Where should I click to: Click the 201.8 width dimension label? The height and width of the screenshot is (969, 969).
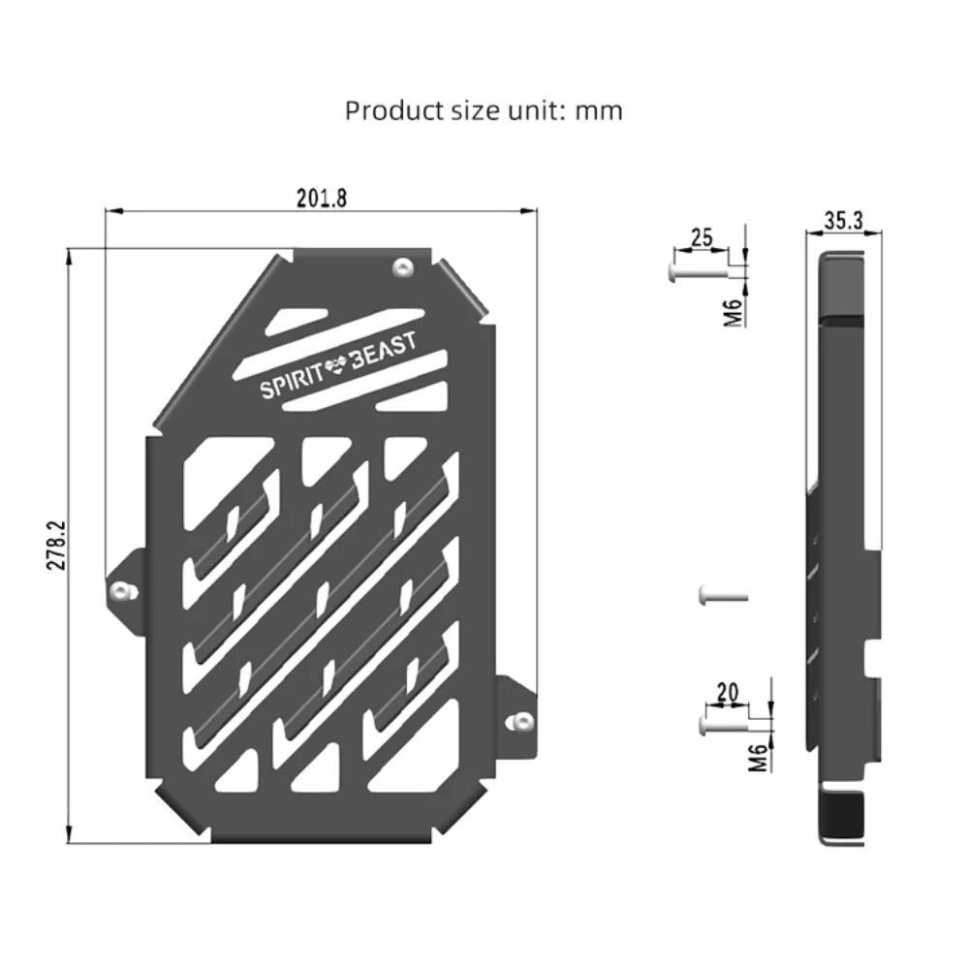click(x=322, y=199)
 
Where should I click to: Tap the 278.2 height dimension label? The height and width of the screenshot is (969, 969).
click(x=56, y=545)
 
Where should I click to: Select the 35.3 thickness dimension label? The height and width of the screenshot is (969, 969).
click(x=844, y=220)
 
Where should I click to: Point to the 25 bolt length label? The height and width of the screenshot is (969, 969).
click(x=702, y=237)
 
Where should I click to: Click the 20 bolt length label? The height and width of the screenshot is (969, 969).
click(x=728, y=692)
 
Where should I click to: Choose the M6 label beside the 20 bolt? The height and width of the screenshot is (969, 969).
click(x=759, y=758)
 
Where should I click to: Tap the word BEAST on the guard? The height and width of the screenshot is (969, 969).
click(x=384, y=351)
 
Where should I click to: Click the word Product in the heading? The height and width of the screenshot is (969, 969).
click(x=393, y=111)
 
